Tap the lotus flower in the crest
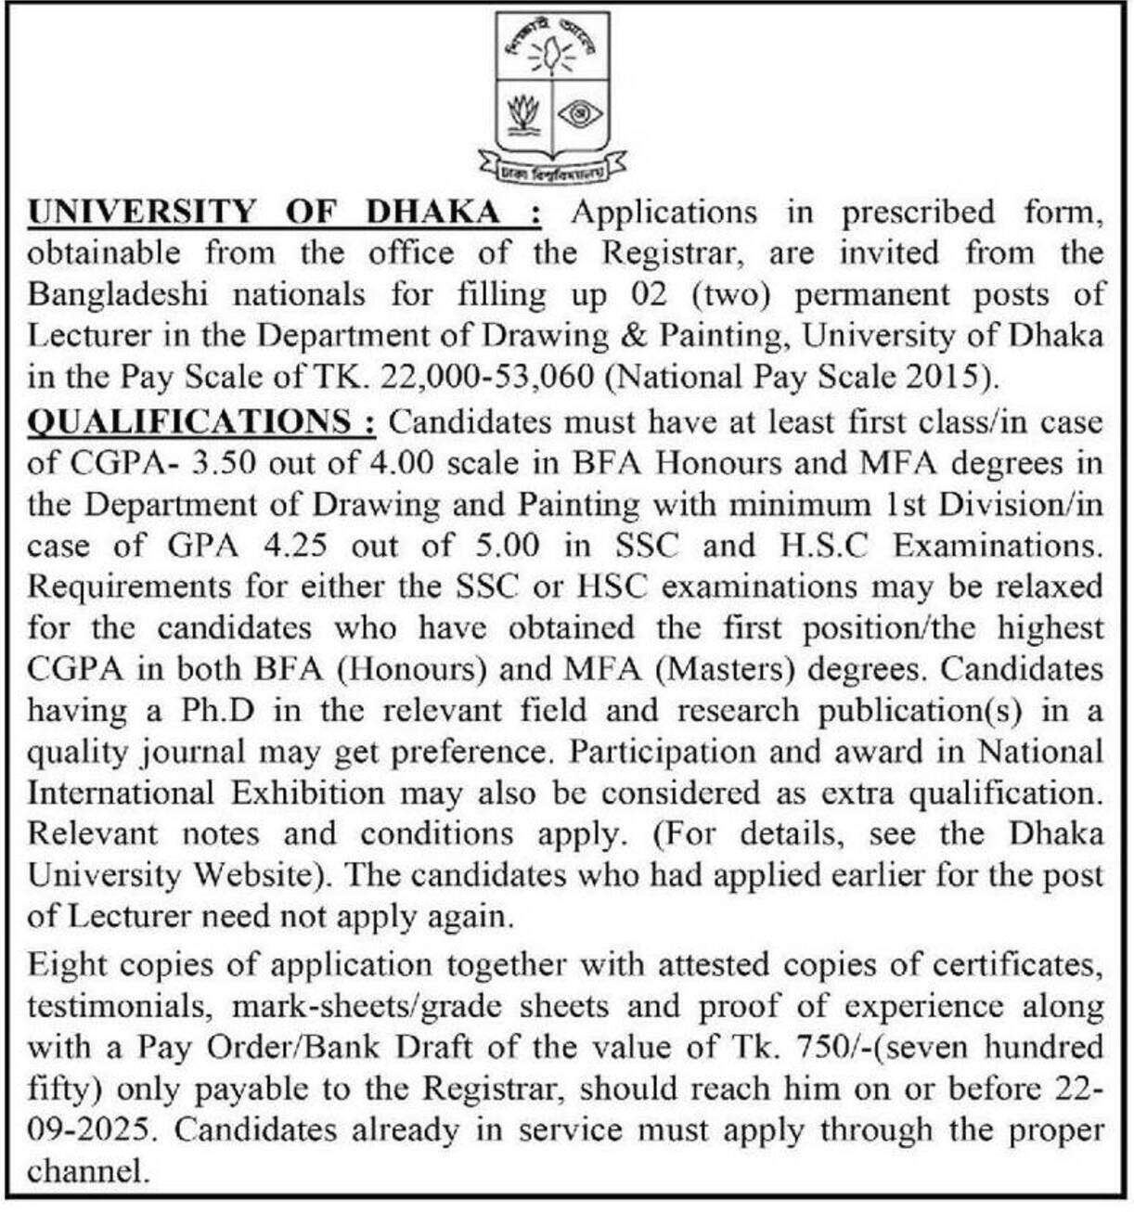coord(524,115)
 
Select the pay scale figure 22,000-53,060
coord(490,377)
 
